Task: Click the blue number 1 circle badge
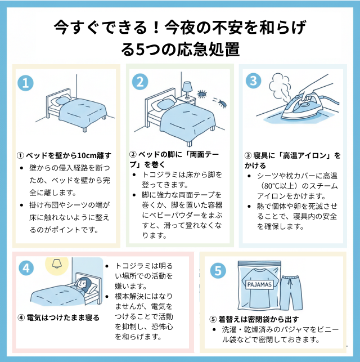click(25, 83)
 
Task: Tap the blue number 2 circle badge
click(140, 82)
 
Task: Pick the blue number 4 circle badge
click(26, 269)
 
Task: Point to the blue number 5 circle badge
click(217, 270)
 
